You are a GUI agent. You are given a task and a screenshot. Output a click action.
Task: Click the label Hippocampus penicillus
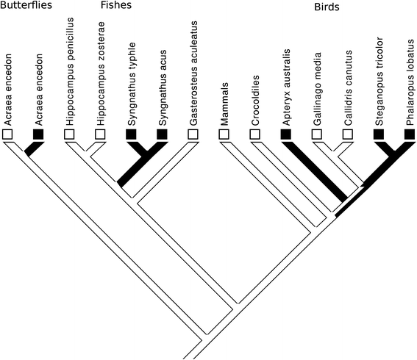coord(70,71)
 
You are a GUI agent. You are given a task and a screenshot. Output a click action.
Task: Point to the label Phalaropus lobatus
coord(410,78)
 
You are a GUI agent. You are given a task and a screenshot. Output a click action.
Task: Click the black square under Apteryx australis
coord(286,134)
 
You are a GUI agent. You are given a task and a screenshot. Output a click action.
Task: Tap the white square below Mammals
coord(224,134)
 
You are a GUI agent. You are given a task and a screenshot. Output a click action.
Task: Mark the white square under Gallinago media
coord(317,134)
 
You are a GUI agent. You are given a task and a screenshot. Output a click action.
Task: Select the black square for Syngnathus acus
coord(163,134)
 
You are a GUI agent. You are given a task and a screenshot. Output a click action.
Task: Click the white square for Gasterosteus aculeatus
coord(193,134)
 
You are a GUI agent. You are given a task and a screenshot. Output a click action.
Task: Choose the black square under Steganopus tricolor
coord(379,134)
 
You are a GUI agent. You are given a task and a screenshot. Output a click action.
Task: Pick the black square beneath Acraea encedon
coord(39,134)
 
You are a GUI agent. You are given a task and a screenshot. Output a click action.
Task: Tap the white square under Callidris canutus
coord(348,134)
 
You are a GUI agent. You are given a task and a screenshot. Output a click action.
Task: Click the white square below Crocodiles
coord(255,134)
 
